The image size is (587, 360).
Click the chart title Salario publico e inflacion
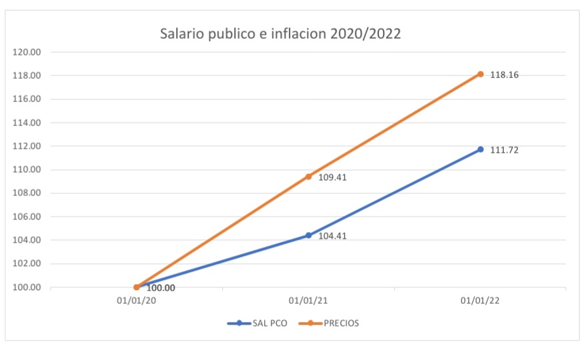[280, 33]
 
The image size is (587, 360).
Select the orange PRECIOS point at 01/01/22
[480, 74]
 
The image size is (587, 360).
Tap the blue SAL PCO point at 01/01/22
[480, 149]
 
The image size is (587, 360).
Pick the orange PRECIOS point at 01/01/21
[308, 177]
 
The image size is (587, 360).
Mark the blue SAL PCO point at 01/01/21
[308, 235]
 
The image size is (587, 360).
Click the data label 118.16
[504, 75]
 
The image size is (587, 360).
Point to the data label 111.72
[504, 150]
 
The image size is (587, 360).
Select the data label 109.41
[332, 177]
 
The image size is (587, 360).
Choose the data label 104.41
[332, 236]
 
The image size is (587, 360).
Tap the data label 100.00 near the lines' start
[161, 288]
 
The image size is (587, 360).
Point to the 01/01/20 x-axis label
[136, 301]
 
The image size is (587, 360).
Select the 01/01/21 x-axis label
[308, 301]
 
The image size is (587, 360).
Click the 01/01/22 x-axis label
[480, 301]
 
